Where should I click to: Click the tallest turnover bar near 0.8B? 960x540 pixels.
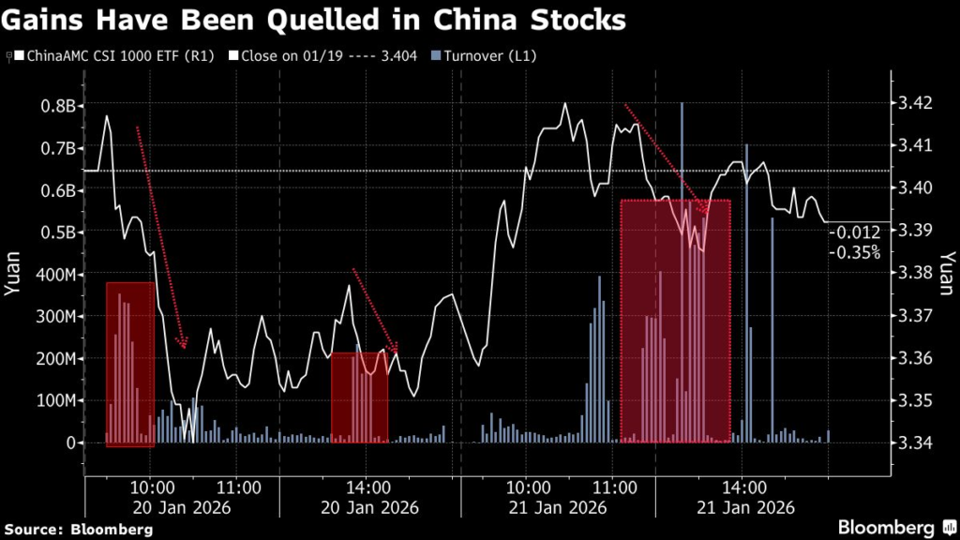(682, 272)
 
